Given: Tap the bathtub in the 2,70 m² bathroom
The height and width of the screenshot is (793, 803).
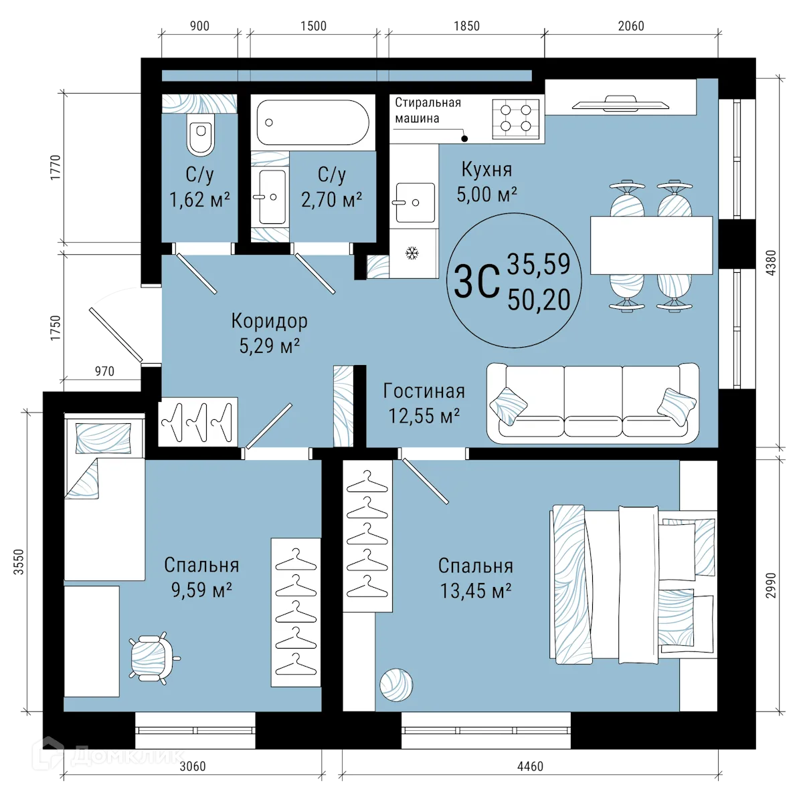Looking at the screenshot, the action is [313, 122].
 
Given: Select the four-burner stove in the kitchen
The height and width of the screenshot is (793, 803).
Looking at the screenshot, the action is [516, 119].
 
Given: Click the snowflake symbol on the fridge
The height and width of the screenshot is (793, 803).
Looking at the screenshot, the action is [412, 253].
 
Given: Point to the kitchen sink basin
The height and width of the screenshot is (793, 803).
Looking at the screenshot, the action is [415, 203].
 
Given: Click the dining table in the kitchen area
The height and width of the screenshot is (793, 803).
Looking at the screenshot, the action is [652, 245].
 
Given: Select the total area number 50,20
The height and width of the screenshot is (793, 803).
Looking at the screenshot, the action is [539, 300].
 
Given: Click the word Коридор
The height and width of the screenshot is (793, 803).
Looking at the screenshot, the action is [270, 321].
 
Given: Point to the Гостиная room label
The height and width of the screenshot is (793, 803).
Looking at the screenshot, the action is [424, 391].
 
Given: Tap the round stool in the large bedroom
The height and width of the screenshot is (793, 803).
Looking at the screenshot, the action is [396, 685].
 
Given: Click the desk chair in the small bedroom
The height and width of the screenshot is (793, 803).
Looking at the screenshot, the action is [153, 658].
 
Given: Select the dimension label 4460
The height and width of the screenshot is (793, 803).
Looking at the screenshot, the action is [530, 766].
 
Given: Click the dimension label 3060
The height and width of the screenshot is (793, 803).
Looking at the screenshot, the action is [193, 766].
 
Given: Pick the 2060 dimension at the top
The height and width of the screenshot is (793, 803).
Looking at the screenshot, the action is [631, 26].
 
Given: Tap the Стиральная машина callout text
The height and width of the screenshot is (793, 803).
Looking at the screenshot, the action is [428, 110].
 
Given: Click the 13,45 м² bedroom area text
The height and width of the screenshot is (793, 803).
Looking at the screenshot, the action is [476, 590].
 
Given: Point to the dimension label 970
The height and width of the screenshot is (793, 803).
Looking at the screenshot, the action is [104, 371].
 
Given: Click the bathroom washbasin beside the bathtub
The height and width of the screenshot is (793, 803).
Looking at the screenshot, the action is [272, 197].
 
